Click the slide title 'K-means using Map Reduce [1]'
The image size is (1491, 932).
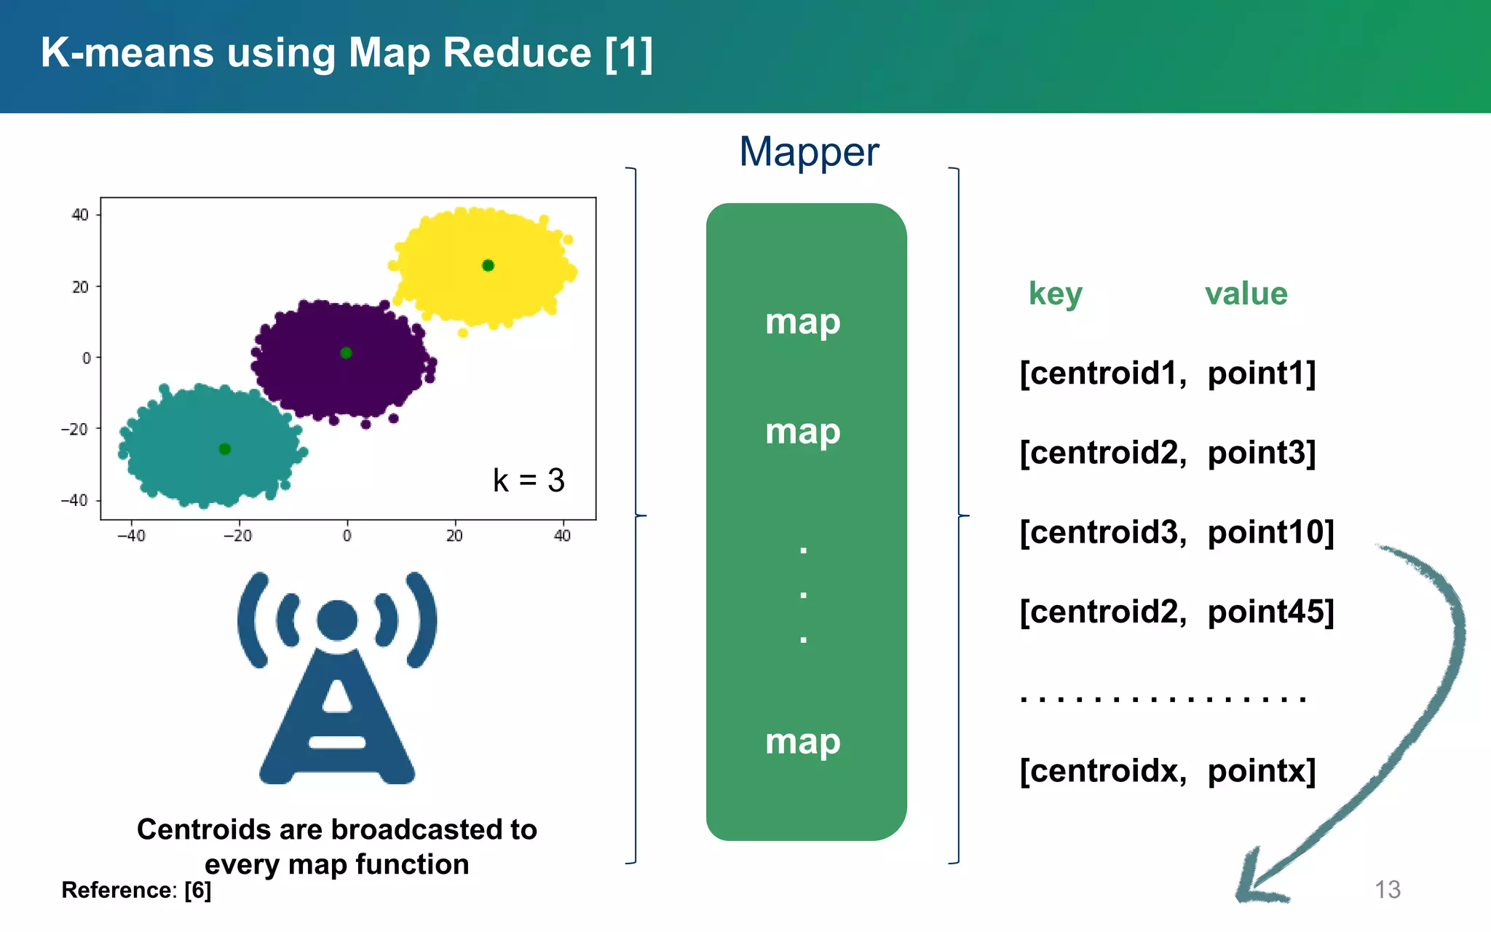point(347,53)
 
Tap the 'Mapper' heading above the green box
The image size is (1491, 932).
point(809,151)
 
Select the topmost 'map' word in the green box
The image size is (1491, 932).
point(802,322)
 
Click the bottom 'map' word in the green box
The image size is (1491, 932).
point(802,741)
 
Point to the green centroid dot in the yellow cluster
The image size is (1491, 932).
point(488,266)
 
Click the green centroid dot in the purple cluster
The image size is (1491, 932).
point(346,353)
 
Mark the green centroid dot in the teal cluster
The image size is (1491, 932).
point(225,449)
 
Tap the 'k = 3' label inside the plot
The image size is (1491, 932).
point(529,481)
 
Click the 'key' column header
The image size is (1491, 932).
point(1055,294)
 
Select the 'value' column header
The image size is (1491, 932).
point(1246,294)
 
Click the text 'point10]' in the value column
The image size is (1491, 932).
point(1270,532)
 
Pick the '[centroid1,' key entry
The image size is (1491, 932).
point(1103,374)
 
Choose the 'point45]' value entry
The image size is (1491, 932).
point(1270,612)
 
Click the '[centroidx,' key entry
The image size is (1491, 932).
point(1103,771)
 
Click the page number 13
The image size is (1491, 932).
point(1387,890)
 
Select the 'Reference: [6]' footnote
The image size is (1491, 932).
point(136,890)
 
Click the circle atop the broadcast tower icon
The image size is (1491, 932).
point(337,620)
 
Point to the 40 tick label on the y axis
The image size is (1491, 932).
point(80,215)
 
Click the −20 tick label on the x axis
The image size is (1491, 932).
point(237,536)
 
